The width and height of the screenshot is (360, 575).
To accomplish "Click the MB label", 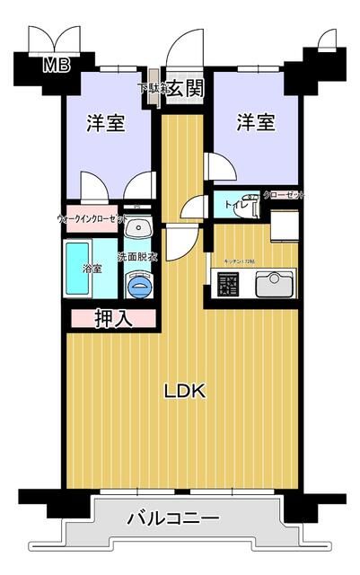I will click(57, 64).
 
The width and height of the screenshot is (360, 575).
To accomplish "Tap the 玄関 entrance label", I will click(186, 88).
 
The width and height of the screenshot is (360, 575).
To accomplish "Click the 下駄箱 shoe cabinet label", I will click(152, 88).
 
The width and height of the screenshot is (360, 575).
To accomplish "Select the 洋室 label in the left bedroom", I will click(106, 123).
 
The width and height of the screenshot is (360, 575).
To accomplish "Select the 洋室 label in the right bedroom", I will click(256, 122).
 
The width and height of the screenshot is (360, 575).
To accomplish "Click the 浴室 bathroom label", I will click(92, 269).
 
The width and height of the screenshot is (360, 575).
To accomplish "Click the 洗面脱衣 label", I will click(140, 256).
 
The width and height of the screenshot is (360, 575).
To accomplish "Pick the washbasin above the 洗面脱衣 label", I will click(138, 226).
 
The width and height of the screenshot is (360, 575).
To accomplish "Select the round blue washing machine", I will click(139, 287).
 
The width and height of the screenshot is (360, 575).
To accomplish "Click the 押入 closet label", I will click(114, 317).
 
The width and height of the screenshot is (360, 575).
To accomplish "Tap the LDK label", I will click(185, 391).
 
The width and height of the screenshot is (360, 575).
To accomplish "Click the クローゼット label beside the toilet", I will click(283, 195).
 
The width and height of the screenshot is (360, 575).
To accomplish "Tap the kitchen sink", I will click(273, 286).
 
